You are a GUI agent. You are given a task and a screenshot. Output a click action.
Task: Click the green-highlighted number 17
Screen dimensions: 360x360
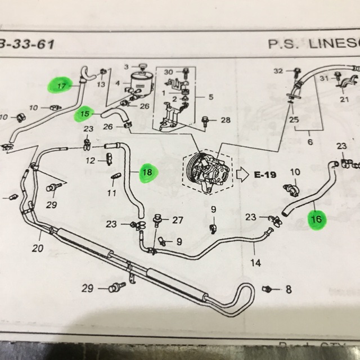pos(61,87)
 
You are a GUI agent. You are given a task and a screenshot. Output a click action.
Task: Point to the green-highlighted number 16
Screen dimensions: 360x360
pos(316,219)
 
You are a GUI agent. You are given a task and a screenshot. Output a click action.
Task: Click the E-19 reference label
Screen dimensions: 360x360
pos(265,174)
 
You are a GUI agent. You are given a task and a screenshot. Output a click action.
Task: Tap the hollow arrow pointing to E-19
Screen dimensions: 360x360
pos(241,174)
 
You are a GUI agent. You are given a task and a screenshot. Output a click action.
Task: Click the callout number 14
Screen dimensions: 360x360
pos(256,262)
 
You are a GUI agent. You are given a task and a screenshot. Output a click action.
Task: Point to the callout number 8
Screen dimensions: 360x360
pos(288,290)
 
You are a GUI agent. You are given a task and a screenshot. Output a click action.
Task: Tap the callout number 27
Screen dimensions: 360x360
pos(178,219)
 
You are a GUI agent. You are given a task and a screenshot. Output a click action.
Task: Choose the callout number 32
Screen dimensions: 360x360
pos(277,71)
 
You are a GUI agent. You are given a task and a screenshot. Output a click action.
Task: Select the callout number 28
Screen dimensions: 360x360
pos(226,120)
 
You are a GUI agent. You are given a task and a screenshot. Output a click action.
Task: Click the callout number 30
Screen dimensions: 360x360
pos(168,71)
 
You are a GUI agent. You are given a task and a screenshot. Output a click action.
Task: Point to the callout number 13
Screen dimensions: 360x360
pos(101,84)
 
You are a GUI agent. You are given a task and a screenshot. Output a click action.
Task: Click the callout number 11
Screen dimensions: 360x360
pos(111,193)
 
